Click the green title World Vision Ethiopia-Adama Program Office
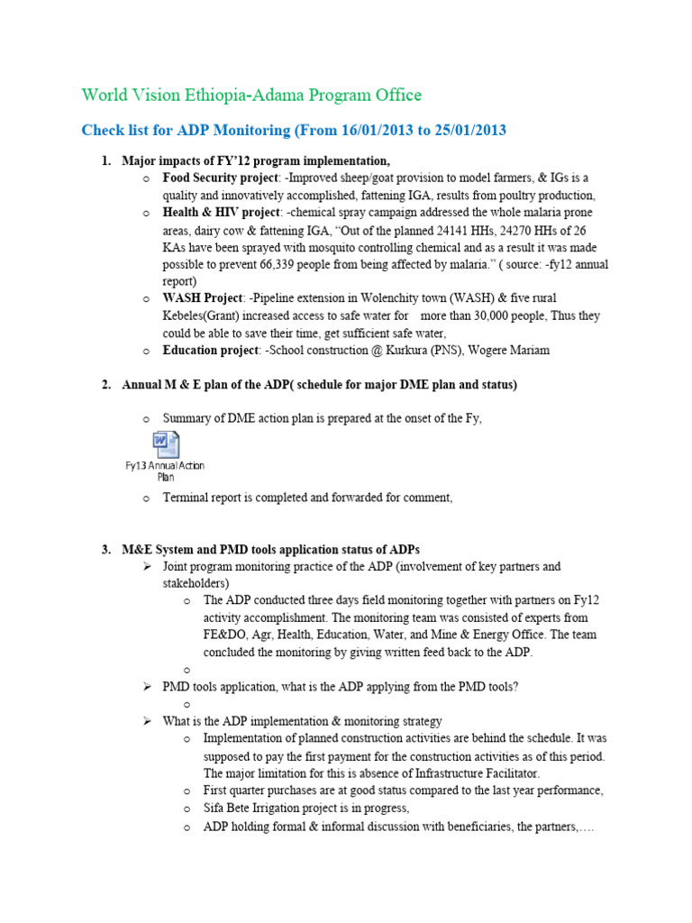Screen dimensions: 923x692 tap(250, 95)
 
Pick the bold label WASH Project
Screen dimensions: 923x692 tap(203, 298)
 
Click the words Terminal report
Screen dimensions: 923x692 tap(201, 498)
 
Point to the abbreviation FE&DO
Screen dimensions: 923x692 tap(223, 635)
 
